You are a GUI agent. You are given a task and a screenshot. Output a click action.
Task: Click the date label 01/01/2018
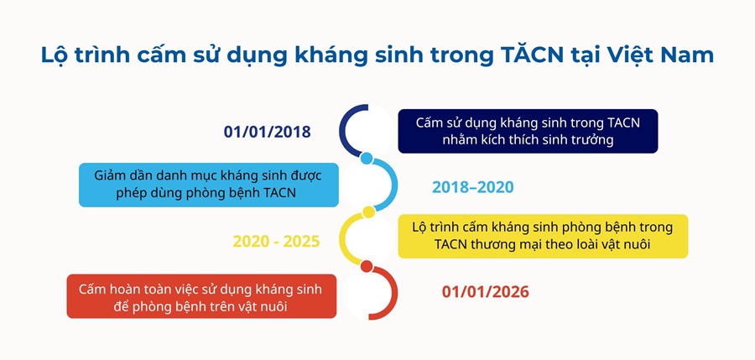[x=268, y=132]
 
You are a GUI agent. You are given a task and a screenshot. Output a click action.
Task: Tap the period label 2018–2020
[x=473, y=187]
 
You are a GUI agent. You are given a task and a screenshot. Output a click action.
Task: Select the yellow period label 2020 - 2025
[x=276, y=242]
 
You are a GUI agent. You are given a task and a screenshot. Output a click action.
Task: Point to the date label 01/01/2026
[x=486, y=292]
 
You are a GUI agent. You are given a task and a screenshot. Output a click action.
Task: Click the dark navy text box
[x=528, y=131]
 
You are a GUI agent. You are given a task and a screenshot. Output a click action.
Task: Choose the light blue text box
[x=209, y=185]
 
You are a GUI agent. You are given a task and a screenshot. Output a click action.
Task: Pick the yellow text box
[x=543, y=236]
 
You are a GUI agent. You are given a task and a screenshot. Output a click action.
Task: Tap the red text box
[x=201, y=296]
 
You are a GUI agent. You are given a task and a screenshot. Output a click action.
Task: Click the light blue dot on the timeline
[x=367, y=158]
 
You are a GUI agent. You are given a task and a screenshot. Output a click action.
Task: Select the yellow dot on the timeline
[x=368, y=212]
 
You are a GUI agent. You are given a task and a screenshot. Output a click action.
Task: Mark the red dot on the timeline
[x=367, y=267]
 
